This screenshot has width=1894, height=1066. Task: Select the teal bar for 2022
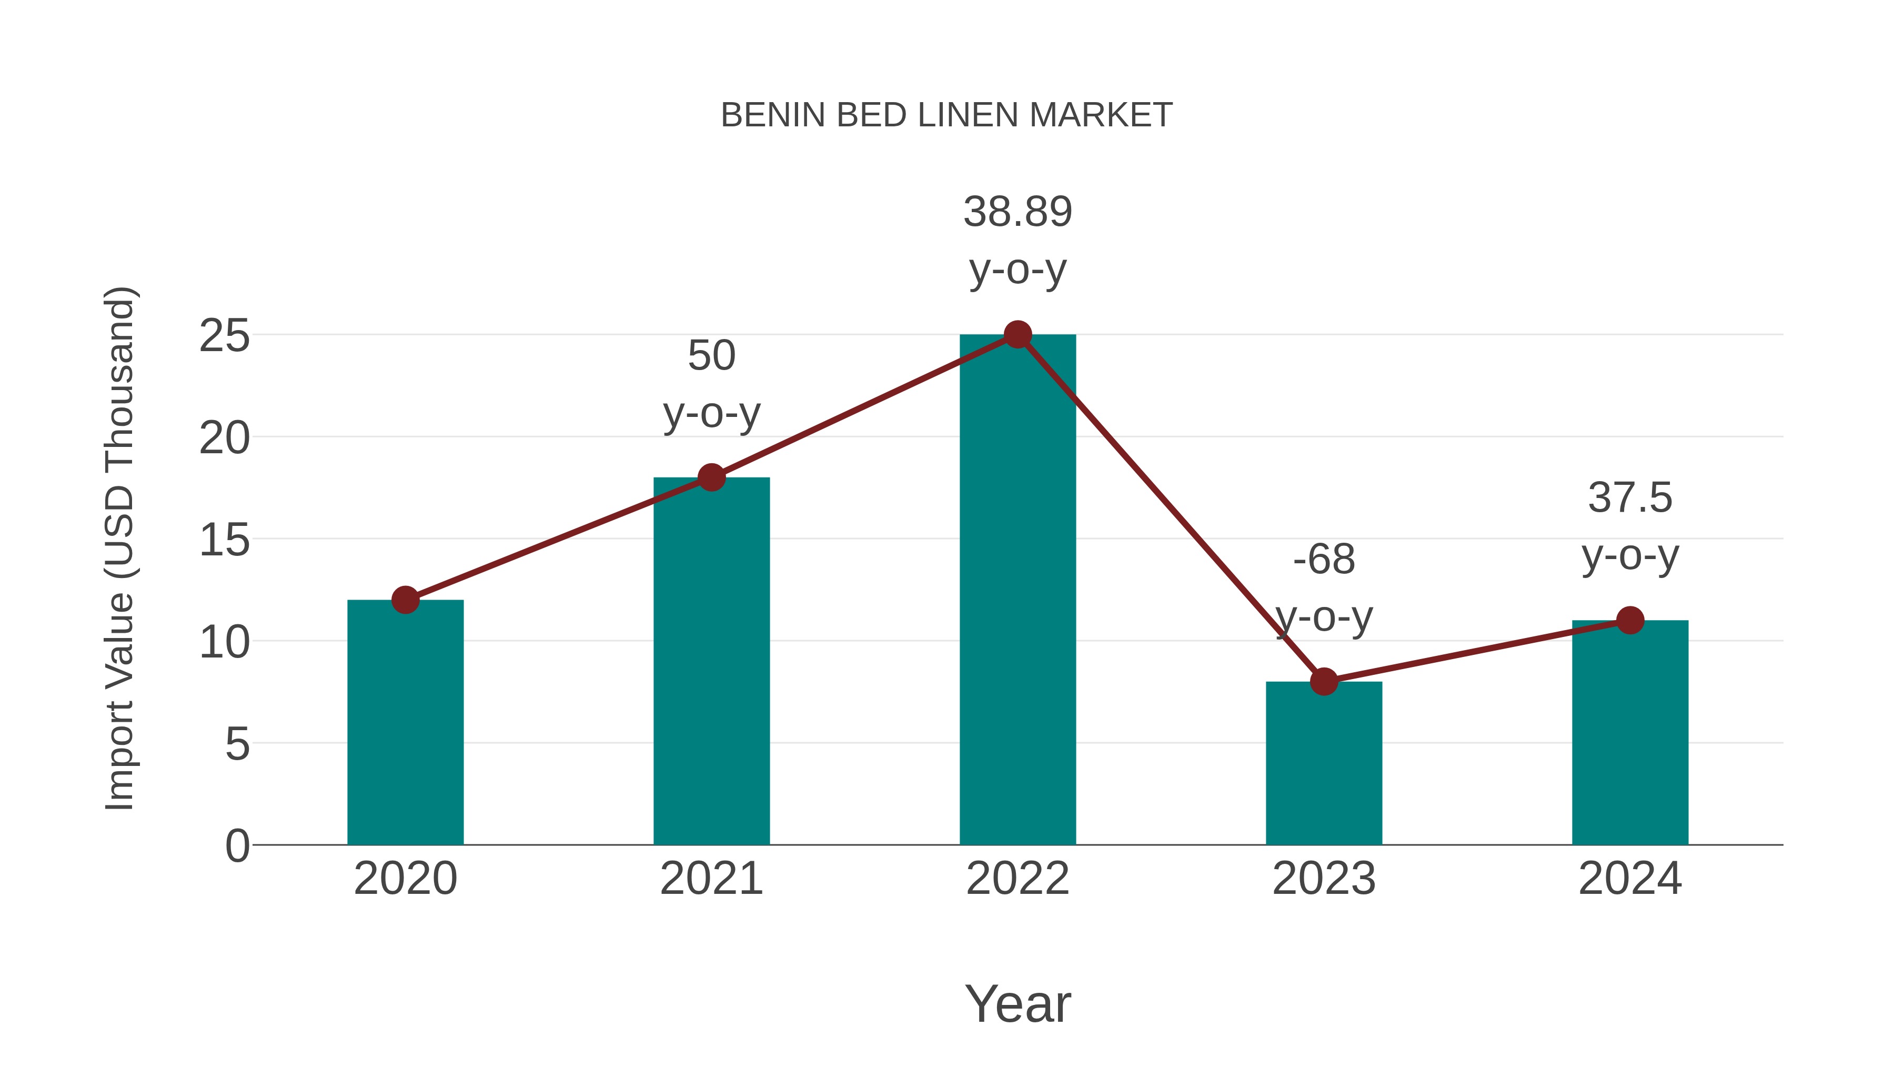[x=1017, y=589]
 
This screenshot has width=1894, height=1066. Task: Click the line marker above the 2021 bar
[x=711, y=477]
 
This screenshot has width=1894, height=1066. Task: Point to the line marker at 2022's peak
[x=1017, y=335]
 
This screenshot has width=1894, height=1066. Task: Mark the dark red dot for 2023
[x=1324, y=681]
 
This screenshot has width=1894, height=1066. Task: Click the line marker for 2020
[x=405, y=600]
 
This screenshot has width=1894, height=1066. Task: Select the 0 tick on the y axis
[x=237, y=845]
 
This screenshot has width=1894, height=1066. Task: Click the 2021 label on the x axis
[x=711, y=879]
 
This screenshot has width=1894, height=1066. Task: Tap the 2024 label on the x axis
[x=1630, y=879]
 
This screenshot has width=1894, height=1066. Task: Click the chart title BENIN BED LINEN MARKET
[x=946, y=115]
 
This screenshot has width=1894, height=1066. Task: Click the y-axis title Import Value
[x=119, y=548]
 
